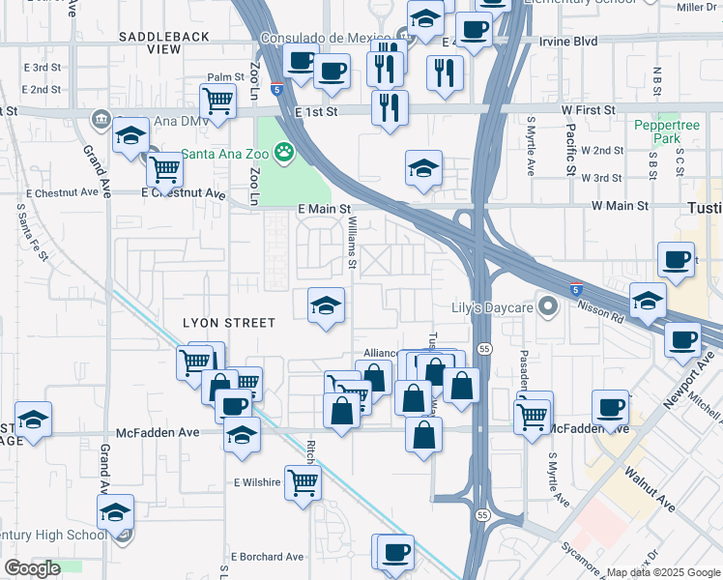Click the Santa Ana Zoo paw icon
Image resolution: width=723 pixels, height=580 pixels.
coord(283,151)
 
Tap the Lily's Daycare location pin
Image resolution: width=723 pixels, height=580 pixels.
coord(549,308)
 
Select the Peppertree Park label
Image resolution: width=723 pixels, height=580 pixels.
coord(658,132)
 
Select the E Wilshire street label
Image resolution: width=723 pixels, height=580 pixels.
coord(256,481)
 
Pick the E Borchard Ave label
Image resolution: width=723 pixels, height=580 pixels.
coord(267,557)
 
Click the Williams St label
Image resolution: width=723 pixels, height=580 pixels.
coord(353,244)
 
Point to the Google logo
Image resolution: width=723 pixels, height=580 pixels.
coord(32,568)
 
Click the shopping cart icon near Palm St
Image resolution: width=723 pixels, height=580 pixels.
coord(218,100)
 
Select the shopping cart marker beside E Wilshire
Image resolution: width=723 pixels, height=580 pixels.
coord(303,480)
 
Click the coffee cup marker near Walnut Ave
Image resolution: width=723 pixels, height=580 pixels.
coord(610,407)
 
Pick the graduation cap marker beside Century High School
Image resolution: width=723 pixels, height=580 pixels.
coord(115,511)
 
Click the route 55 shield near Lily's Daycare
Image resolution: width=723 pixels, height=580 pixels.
coord(484,348)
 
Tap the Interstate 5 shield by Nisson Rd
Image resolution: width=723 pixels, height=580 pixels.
coord(576,288)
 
